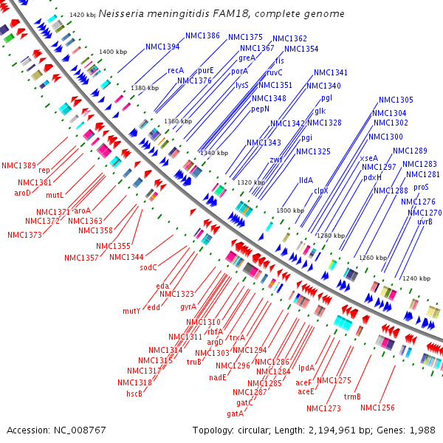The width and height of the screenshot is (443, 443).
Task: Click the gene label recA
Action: coord(175,70)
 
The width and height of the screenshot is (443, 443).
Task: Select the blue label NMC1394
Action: coord(162,47)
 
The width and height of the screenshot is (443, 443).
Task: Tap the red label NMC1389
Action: coord(18,165)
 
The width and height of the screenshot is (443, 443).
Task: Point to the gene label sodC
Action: coord(149,267)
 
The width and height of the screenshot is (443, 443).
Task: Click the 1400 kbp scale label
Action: coord(113,52)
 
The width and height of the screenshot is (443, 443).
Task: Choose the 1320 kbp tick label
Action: coord(251,182)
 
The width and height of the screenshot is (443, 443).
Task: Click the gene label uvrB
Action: coord(425,221)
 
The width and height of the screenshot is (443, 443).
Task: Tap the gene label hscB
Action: coord(134,394)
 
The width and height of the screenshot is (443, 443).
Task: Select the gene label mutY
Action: coord(131,311)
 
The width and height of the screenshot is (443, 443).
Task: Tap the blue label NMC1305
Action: coord(396,100)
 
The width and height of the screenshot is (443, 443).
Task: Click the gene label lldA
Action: coord(306,179)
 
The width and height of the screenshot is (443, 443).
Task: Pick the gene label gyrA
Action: coord(188,306)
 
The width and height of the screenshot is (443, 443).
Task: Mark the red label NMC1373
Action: coord(25,235)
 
